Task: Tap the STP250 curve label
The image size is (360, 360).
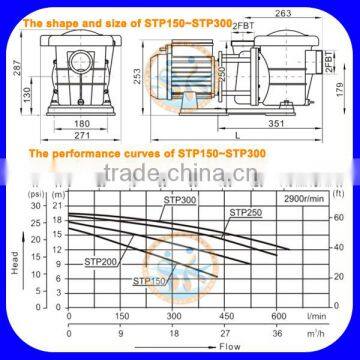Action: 246,212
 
